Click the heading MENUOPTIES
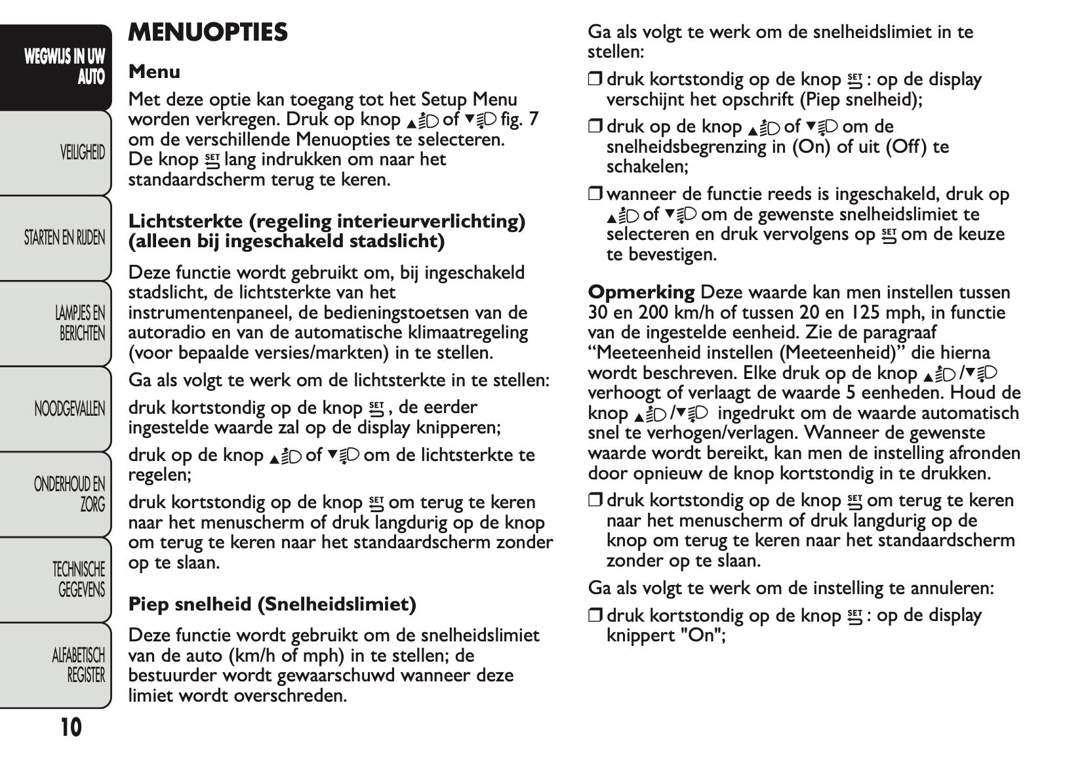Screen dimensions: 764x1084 [x=208, y=32]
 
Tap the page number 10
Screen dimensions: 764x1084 [x=71, y=727]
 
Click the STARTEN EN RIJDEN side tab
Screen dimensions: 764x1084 [x=64, y=238]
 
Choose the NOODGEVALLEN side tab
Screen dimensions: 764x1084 [x=70, y=409]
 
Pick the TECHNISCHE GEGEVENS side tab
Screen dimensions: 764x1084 [x=79, y=579]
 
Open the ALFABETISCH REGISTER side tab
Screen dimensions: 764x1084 [x=79, y=664]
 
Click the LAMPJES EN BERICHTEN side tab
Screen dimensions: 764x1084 [x=80, y=323]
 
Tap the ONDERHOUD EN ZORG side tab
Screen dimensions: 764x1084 [x=70, y=494]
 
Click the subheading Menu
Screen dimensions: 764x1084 [x=154, y=71]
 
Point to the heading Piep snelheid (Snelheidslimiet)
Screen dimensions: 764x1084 [x=272, y=604]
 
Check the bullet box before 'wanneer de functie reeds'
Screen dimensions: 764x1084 [x=594, y=194]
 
